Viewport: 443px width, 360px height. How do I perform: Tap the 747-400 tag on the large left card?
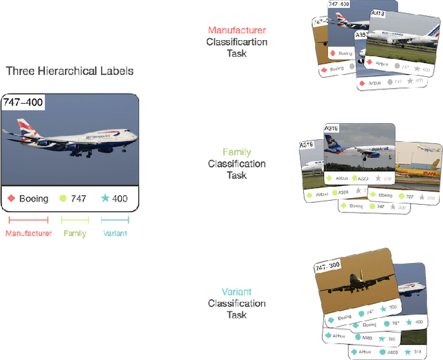[24, 102]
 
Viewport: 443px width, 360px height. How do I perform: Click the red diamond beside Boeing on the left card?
[11, 199]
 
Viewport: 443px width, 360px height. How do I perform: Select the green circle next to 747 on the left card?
[63, 199]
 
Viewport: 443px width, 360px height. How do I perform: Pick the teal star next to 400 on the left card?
[105, 199]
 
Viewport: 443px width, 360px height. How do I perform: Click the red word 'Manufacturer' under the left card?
[28, 233]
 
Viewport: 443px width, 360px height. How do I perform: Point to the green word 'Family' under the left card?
[75, 233]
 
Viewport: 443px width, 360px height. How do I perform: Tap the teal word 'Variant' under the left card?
[115, 233]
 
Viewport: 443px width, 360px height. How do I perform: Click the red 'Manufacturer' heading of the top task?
[236, 30]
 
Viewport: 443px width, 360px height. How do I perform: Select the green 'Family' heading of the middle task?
[236, 152]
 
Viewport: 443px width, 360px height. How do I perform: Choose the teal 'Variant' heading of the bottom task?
[236, 291]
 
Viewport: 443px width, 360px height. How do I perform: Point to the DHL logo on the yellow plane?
[430, 165]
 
